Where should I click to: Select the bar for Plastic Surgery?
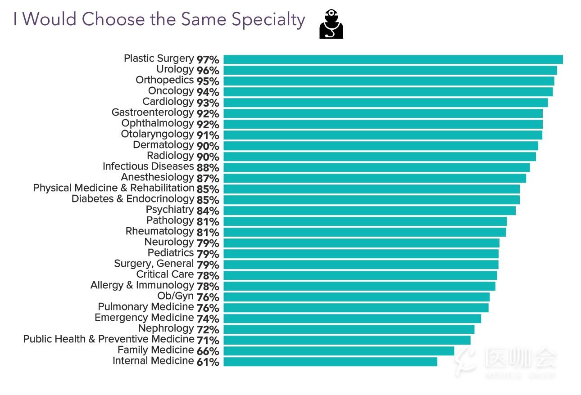click(x=393, y=59)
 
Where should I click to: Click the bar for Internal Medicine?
click(x=330, y=362)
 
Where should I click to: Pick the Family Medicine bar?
click(x=339, y=351)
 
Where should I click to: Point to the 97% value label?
click(x=208, y=60)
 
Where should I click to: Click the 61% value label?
click(x=208, y=362)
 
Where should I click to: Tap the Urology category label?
click(x=175, y=70)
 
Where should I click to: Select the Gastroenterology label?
click(x=152, y=113)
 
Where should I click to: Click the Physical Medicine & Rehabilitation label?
click(x=113, y=189)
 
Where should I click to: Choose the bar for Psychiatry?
click(x=369, y=211)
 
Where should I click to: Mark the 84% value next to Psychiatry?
click(x=208, y=211)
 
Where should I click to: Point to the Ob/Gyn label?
click(x=175, y=296)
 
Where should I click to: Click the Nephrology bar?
click(x=349, y=329)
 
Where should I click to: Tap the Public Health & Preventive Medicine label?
click(x=109, y=340)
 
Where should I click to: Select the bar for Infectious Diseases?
click(x=377, y=167)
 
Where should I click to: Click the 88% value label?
click(x=208, y=168)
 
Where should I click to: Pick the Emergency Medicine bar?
click(x=352, y=319)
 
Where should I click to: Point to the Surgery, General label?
click(x=154, y=264)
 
